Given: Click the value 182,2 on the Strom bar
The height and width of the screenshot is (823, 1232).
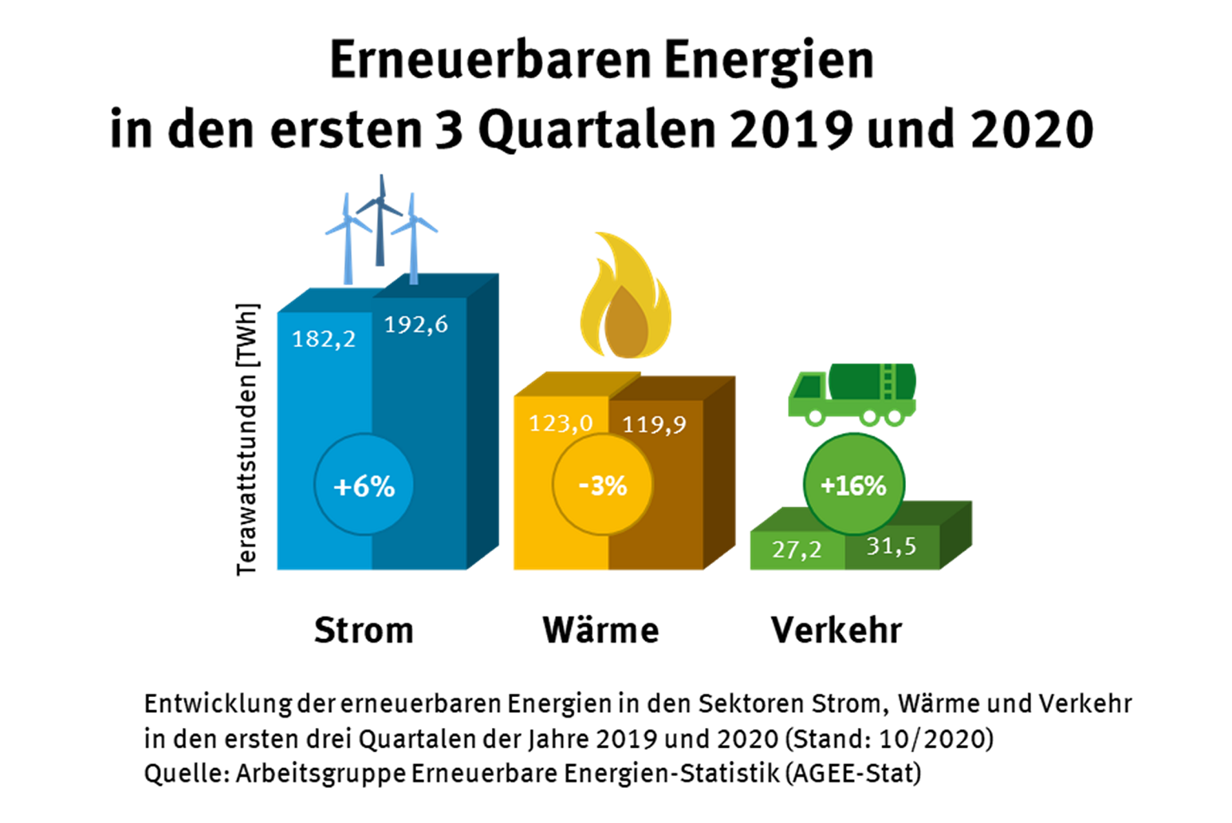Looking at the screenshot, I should coord(324,340).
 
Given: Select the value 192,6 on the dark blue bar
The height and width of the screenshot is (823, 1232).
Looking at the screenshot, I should coord(415,325).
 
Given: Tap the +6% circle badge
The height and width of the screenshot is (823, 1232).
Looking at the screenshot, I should coord(364,486).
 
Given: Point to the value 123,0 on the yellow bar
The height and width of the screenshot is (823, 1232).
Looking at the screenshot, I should coord(561,423).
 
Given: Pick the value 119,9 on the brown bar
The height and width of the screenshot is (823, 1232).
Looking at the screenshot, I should coord(654,424).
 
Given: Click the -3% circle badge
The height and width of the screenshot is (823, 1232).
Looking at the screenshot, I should coord(602,486).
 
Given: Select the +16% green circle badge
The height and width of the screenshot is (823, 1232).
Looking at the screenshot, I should coord(853,485).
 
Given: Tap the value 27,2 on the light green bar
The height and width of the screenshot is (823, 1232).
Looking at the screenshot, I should coord(797,549).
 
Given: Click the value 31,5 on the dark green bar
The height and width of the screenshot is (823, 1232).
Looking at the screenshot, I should coord(892,546).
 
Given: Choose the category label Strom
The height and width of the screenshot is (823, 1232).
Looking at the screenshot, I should coord(364,630).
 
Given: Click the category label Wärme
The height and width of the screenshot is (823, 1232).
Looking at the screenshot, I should coord(600,630).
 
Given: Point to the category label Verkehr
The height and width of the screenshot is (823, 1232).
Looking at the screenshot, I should coord(836,630).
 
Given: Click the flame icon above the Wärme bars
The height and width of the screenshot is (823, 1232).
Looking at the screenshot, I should coord(625,299).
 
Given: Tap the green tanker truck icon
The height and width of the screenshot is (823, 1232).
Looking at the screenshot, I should coord(852,393).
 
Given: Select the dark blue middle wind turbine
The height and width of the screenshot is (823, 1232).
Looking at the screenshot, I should coord(380,219).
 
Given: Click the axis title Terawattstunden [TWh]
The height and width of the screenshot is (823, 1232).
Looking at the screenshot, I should coord(247,439).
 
